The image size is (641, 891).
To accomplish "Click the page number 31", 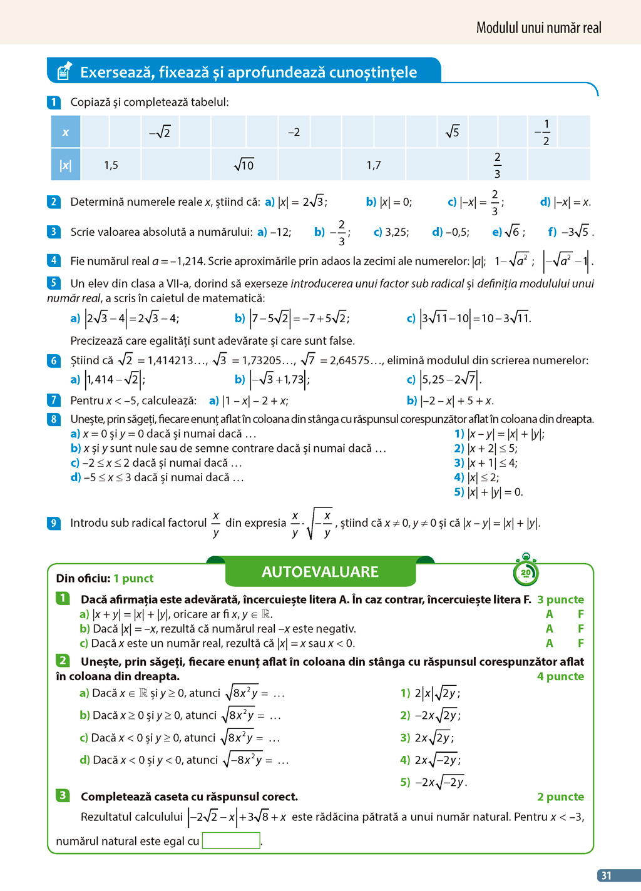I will [606, 875].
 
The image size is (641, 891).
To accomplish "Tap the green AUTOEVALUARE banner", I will [320, 572].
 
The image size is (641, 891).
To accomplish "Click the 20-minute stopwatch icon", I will [525, 571].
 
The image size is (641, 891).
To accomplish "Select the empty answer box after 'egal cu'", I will [231, 840].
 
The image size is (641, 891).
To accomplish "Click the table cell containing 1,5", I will [111, 165].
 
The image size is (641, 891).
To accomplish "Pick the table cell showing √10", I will [244, 165].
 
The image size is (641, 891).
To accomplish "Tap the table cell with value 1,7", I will [374, 165].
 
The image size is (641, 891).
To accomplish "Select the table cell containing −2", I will [294, 132].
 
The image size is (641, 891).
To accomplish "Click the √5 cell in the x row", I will [452, 132].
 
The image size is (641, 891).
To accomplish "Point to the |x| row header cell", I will [66, 165].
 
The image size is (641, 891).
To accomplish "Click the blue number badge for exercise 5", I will [54, 283].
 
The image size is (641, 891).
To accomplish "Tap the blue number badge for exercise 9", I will [54, 523].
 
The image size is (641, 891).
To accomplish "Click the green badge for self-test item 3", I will [63, 795].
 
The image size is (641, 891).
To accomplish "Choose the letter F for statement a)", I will [581, 614].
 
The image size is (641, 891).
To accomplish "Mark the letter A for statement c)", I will [549, 643].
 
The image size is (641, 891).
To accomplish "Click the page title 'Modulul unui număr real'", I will [538, 28].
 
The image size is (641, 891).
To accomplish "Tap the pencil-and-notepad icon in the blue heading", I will [64, 71].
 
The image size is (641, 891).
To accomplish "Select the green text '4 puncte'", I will [560, 676].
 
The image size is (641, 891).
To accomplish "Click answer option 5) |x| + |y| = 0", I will [488, 492].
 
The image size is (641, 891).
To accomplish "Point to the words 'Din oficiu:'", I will [83, 579].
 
